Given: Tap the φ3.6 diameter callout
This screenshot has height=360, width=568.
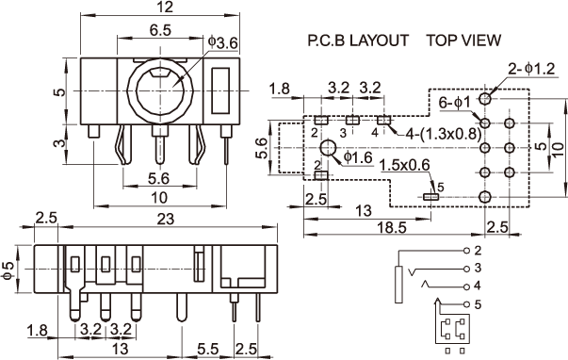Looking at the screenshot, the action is pyautogui.click(x=223, y=42).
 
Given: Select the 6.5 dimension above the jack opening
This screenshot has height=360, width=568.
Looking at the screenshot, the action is pyautogui.click(x=160, y=30).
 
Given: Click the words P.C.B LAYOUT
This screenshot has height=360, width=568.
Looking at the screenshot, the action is pyautogui.click(x=358, y=41).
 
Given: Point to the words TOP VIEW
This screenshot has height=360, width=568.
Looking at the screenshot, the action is pyautogui.click(x=463, y=41).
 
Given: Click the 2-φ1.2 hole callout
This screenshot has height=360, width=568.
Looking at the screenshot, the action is pyautogui.click(x=531, y=69).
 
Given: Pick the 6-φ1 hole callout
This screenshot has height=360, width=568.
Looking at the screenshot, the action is pyautogui.click(x=455, y=103).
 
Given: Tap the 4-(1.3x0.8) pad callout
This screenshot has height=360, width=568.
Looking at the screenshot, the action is pyautogui.click(x=444, y=135).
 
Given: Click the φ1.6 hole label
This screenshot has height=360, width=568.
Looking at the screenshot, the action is pyautogui.click(x=358, y=157).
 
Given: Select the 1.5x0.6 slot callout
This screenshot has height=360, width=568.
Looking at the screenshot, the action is pyautogui.click(x=405, y=165).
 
